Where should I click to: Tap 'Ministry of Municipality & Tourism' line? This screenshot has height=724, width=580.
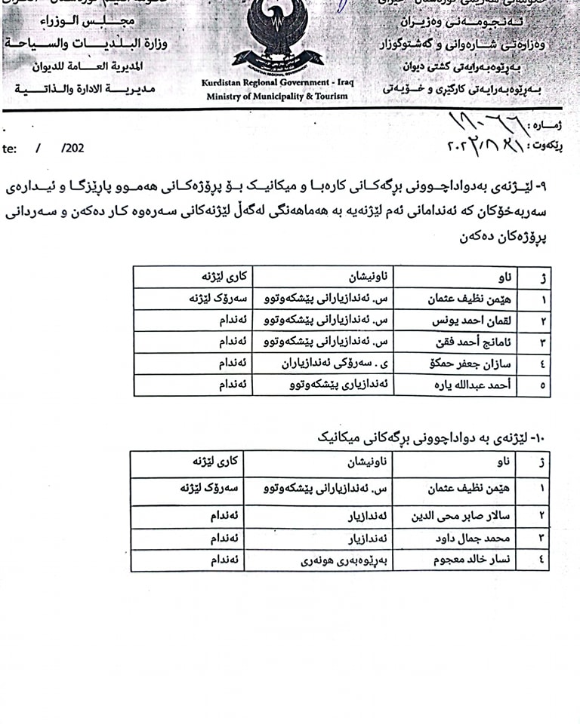[277, 96]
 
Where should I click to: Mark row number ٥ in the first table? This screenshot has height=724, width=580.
[544, 385]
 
